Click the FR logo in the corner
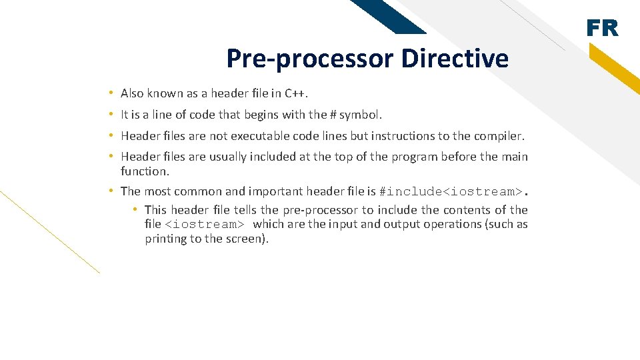(602, 29)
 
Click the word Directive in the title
(455, 59)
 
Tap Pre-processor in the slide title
(310, 59)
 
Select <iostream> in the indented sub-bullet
(204, 225)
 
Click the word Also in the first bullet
(132, 93)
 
